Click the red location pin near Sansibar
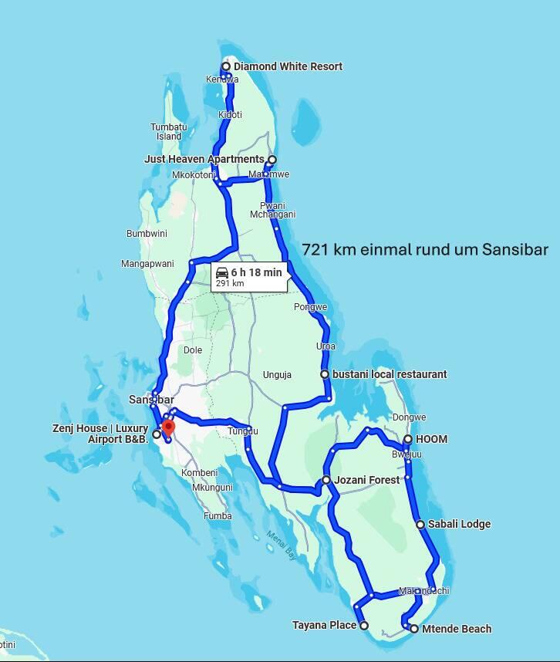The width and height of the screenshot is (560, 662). pyautogui.click(x=167, y=427)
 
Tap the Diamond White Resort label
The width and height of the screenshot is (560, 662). pyautogui.click(x=288, y=66)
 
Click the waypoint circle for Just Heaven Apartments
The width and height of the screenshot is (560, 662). pyautogui.click(x=272, y=160)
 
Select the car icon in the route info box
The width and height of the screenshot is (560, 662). pyautogui.click(x=222, y=272)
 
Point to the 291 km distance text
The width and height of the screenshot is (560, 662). pyautogui.click(x=229, y=284)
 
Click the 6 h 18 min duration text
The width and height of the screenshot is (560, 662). pyautogui.click(x=256, y=272)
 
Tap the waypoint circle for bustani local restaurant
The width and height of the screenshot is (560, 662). pyautogui.click(x=326, y=374)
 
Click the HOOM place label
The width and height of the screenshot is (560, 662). pyautogui.click(x=431, y=439)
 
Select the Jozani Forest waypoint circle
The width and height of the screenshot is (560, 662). pyautogui.click(x=326, y=480)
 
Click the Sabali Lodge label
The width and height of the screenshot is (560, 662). pyautogui.click(x=459, y=524)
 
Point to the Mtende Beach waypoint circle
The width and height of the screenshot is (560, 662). pyautogui.click(x=414, y=629)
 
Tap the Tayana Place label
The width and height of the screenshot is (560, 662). pyautogui.click(x=324, y=625)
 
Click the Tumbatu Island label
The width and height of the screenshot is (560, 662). pyautogui.click(x=168, y=131)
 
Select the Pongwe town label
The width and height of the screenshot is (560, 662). pyautogui.click(x=310, y=307)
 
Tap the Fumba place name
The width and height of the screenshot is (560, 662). pyautogui.click(x=218, y=515)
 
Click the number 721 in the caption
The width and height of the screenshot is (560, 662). pyautogui.click(x=316, y=249)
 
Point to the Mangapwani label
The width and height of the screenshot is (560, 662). pyautogui.click(x=147, y=264)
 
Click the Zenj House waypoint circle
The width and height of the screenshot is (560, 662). pyautogui.click(x=157, y=434)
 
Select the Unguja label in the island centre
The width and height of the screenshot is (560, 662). pyautogui.click(x=277, y=375)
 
